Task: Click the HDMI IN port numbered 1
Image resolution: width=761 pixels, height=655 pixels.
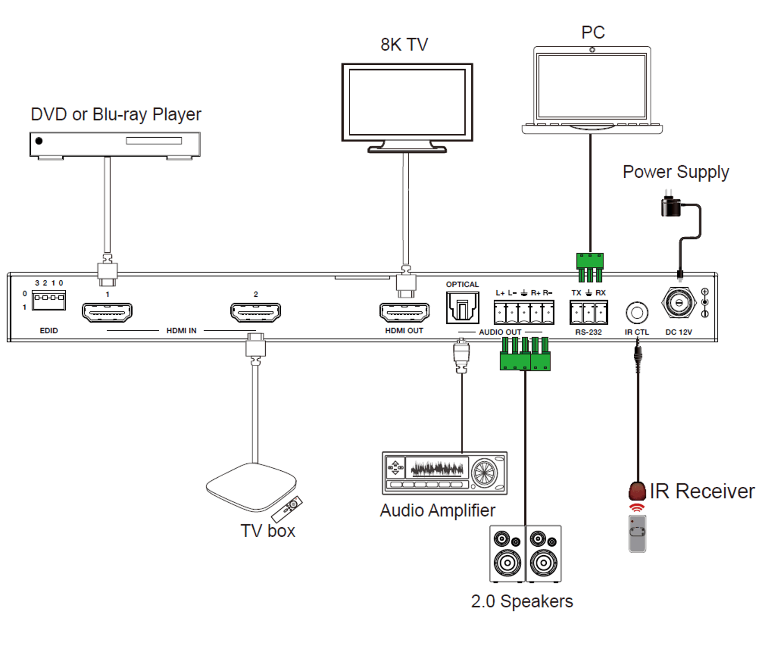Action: [107, 312]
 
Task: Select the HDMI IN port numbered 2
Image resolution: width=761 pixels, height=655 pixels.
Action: [255, 312]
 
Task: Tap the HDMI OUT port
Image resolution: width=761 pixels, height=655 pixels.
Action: [404, 312]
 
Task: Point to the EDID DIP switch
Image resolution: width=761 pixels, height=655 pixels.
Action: [49, 300]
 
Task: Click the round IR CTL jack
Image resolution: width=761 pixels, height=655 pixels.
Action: [637, 313]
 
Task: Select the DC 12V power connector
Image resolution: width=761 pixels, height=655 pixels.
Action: [679, 303]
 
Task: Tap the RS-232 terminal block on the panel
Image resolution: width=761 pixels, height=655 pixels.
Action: [589, 312]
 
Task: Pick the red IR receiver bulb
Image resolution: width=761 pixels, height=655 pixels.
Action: [637, 491]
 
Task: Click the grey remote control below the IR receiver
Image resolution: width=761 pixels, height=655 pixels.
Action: [637, 534]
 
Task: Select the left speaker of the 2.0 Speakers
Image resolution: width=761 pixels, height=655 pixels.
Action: [507, 554]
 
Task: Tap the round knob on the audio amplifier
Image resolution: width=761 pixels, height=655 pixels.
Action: [485, 472]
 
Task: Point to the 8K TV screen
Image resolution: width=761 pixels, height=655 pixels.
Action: [407, 102]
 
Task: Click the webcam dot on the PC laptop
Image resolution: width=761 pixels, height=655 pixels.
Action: [592, 50]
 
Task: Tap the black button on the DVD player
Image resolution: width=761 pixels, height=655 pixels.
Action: [39, 141]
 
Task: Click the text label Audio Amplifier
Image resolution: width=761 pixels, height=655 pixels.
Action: [438, 511]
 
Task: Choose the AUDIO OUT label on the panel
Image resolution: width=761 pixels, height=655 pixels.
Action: [500, 332]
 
